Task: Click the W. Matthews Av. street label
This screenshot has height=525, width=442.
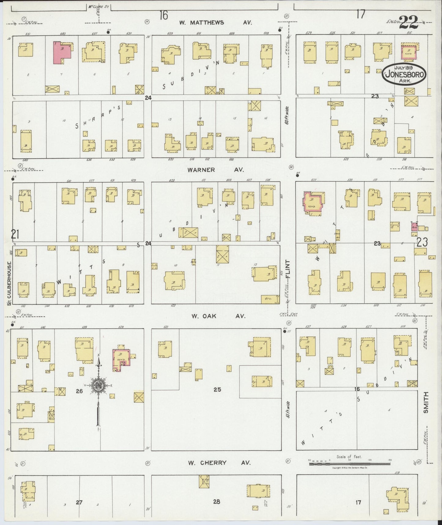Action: click(x=215, y=23)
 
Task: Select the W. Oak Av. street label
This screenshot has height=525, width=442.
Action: click(x=218, y=316)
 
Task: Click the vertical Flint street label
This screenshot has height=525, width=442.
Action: click(x=288, y=269)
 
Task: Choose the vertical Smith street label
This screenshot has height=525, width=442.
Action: click(x=426, y=402)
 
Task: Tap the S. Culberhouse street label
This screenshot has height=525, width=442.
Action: click(x=9, y=284)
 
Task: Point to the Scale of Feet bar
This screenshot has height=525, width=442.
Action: click(x=349, y=464)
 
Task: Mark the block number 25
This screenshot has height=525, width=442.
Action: click(x=217, y=390)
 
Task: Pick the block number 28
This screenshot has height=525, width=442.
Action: click(x=216, y=501)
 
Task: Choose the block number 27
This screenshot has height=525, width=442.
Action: click(x=79, y=502)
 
